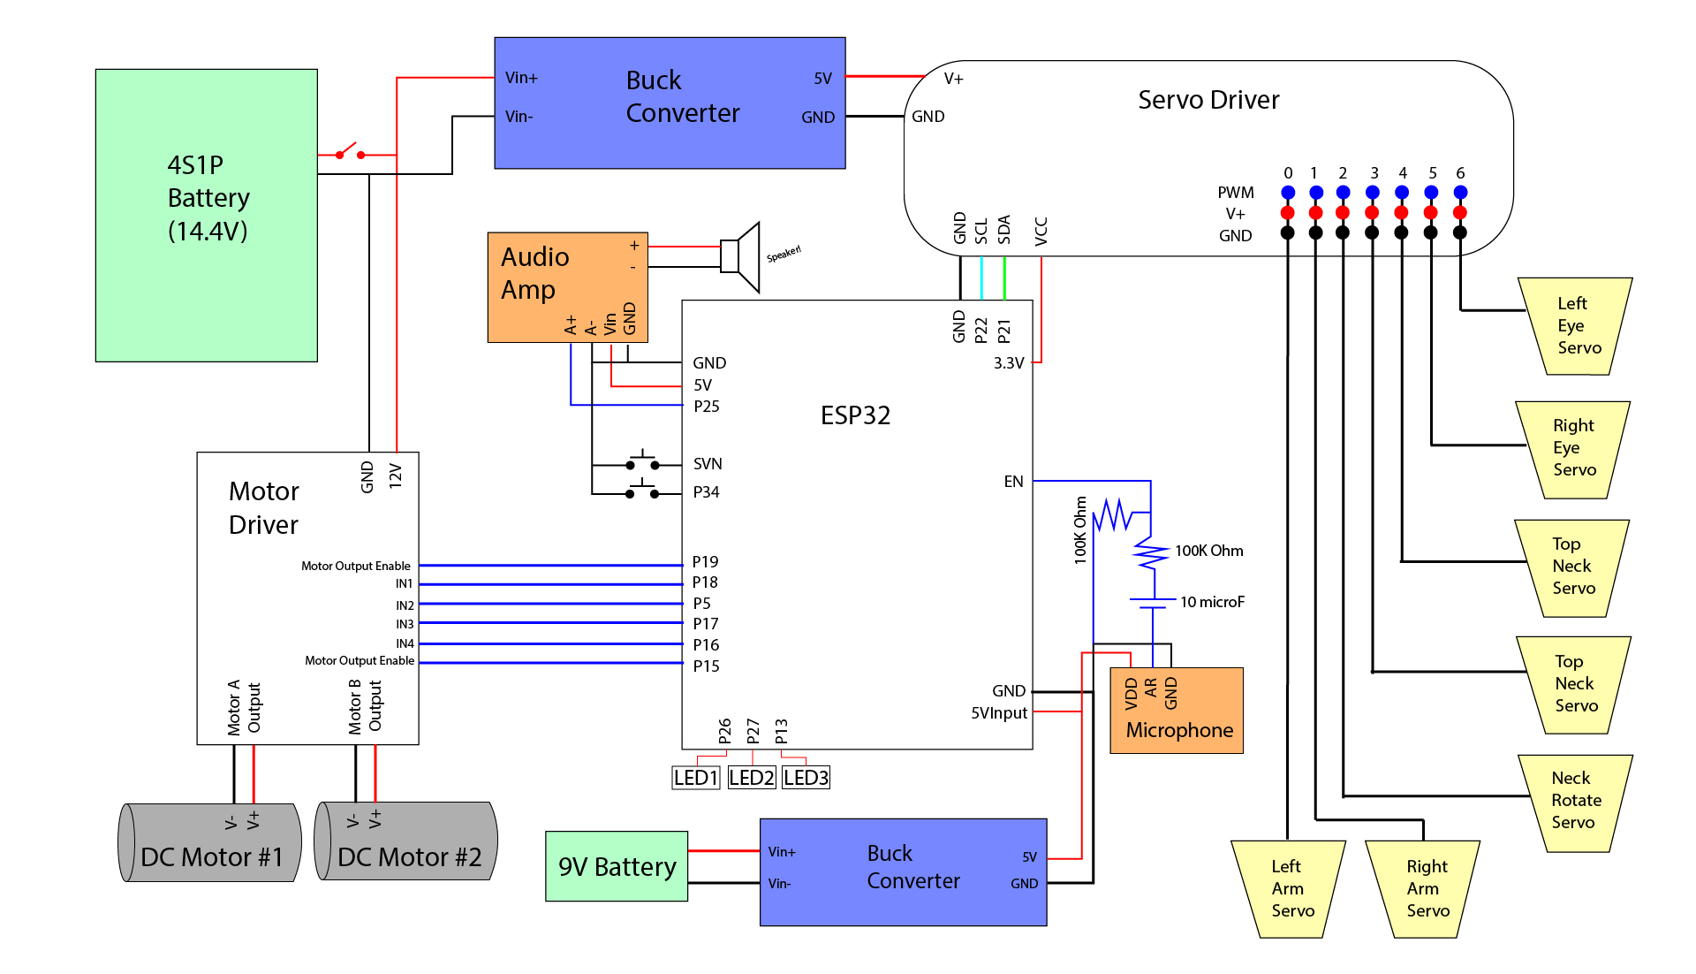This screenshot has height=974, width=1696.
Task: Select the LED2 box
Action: (751, 778)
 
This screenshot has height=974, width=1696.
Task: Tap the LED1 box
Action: (696, 778)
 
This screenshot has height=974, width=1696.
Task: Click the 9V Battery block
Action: (617, 866)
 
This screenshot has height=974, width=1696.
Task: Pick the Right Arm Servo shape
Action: (1424, 888)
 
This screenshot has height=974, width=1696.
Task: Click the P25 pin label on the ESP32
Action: (707, 407)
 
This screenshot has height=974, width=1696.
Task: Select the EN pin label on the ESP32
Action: (1013, 482)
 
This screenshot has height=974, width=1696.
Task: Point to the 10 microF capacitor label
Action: (1212, 603)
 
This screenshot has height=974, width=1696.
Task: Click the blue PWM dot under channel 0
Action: (1288, 193)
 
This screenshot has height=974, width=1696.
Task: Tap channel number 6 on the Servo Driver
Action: (1460, 173)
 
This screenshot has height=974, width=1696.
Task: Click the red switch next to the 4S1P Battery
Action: (350, 152)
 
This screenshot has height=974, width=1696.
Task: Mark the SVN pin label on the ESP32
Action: (708, 464)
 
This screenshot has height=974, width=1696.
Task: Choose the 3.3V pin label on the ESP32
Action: (1009, 363)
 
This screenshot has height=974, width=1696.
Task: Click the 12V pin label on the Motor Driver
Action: (396, 476)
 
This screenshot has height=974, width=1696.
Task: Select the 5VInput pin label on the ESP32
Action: (999, 713)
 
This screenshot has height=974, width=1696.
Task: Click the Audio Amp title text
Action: (535, 273)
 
